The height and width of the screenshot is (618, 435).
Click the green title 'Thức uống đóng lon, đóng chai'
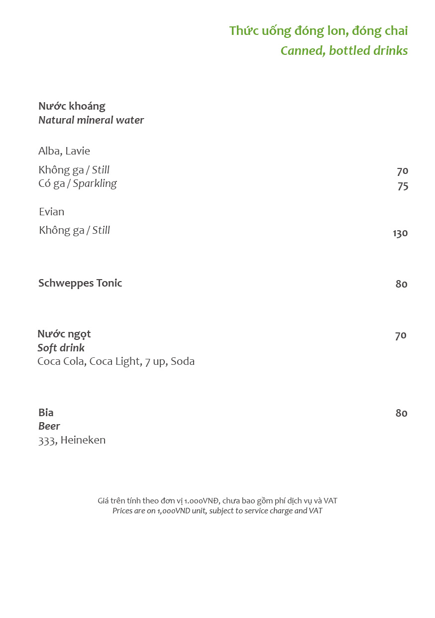point(318,31)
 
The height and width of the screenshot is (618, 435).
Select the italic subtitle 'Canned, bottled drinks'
point(344,51)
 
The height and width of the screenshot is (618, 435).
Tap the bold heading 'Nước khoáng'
point(72,106)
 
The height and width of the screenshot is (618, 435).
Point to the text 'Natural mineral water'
point(91,120)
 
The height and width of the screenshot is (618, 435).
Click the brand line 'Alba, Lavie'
point(64,151)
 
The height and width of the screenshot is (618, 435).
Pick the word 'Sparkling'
point(95,183)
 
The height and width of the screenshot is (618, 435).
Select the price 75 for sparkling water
point(403,186)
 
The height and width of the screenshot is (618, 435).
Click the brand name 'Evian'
point(52,212)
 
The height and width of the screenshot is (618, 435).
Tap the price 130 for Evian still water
point(400,233)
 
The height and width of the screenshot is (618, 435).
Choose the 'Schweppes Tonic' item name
point(80,283)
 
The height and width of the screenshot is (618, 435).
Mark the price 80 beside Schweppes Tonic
point(401,284)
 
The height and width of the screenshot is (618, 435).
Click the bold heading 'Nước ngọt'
point(64,334)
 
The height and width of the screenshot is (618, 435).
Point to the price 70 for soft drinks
point(401,336)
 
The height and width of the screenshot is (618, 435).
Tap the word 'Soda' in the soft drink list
point(183,361)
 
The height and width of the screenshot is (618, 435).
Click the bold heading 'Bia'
point(46,413)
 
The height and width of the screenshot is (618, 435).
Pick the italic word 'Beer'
point(49,426)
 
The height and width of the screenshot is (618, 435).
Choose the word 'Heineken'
point(83,440)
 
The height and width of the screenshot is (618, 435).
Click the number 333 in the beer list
point(47,441)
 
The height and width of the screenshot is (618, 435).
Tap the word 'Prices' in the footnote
point(122,511)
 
